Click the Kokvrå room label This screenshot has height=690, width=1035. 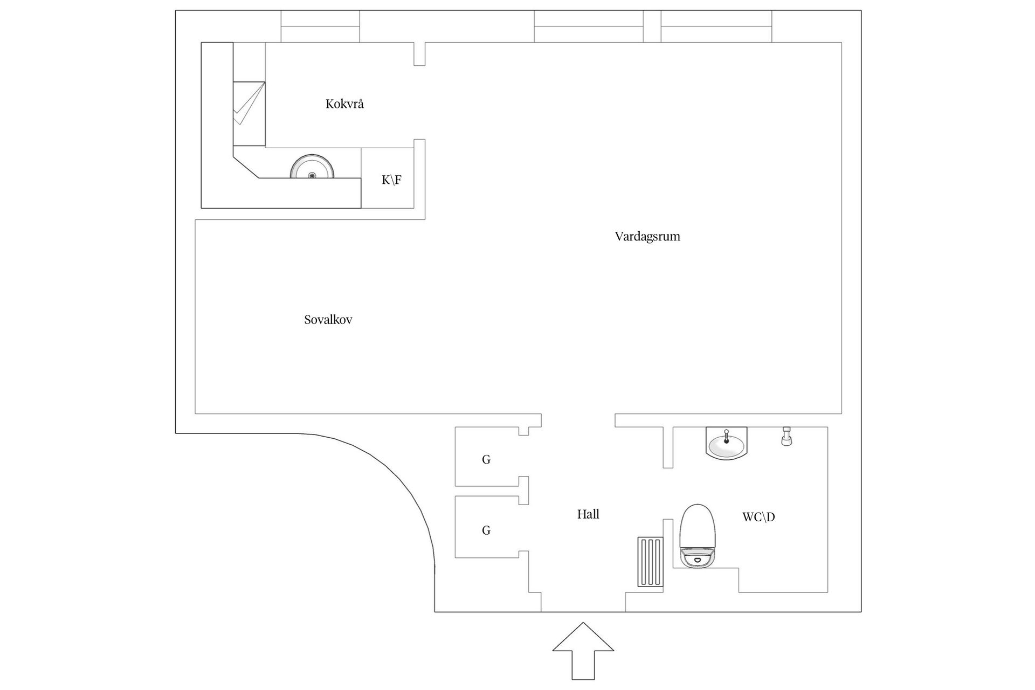pos(344,104)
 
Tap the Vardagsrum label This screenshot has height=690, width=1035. pos(647,237)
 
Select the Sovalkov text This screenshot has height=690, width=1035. pos(328,320)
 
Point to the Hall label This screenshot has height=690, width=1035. pos(588,514)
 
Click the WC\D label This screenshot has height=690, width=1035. pos(758,517)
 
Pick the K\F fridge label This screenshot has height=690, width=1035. pos(392,180)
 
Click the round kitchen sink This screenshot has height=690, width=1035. pos(312,167)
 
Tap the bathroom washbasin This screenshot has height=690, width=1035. pos(727,443)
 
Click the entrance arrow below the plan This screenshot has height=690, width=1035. pos(583,651)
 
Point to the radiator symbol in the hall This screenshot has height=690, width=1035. pos(650,561)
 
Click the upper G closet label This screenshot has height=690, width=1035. pos(486,460)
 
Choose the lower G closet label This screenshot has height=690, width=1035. pos(486,530)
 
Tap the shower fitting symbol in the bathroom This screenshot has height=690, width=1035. pos(787,436)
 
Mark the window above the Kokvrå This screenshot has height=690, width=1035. pos(320,26)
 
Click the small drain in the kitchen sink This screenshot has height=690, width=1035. pos(312,175)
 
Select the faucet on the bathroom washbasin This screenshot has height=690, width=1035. pos(727,436)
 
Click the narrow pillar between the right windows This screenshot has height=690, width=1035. pos(652,26)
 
